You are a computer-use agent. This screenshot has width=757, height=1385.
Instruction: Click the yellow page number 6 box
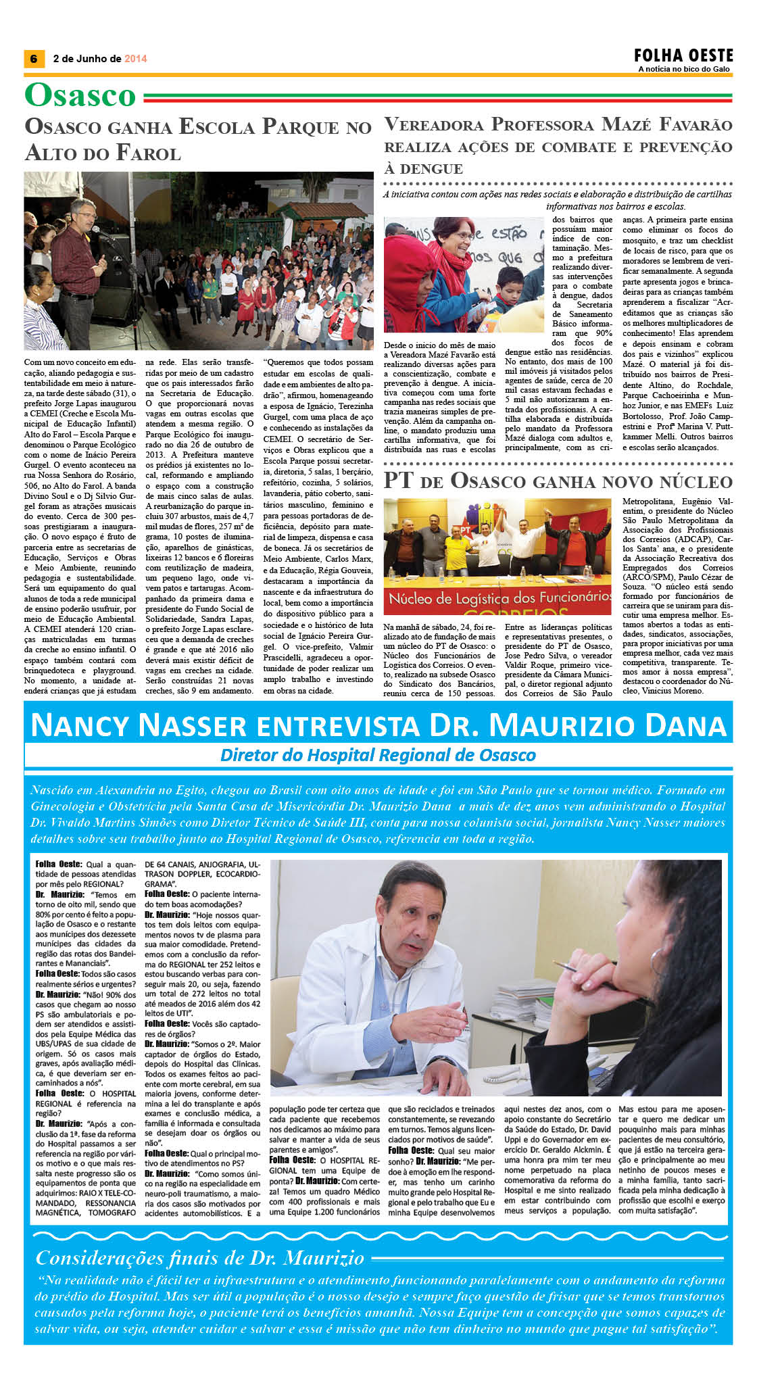pyautogui.click(x=33, y=59)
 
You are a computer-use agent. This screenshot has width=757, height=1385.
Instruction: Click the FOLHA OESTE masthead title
pyautogui.click(x=683, y=55)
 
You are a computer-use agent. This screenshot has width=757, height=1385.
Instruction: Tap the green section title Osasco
pyautogui.click(x=80, y=95)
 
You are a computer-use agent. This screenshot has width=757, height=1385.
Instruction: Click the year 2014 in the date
pyautogui.click(x=135, y=59)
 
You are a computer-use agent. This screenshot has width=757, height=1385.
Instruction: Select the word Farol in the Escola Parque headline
pyautogui.click(x=149, y=153)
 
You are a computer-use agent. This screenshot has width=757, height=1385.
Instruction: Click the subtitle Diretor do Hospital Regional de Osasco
pyautogui.click(x=378, y=755)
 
